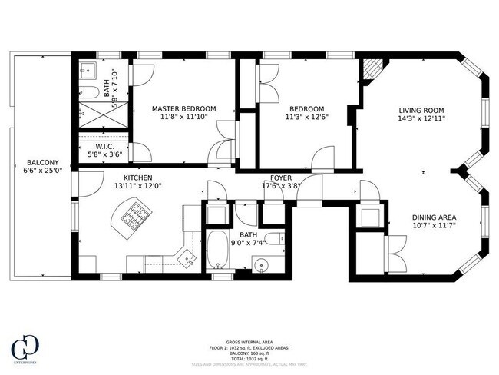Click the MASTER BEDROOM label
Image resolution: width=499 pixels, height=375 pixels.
[x=183, y=108]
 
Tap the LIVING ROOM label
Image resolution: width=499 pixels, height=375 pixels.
[x=421, y=109]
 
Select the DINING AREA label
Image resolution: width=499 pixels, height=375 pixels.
[x=435, y=217]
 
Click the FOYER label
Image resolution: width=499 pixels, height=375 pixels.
[x=282, y=176]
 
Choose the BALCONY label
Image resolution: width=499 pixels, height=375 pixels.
[x=39, y=162]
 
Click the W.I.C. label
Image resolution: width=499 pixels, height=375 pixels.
[x=106, y=145]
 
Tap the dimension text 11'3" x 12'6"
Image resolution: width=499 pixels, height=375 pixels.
[x=306, y=118]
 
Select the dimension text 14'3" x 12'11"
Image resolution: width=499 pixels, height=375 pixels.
[x=421, y=118]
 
